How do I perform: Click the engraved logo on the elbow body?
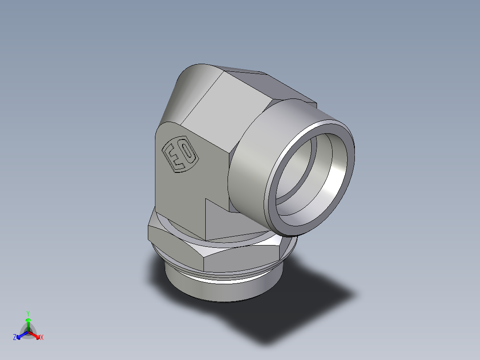point(180,154)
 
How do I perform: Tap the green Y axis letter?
point(28,313)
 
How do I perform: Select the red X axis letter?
point(41,338)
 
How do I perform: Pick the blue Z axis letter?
point(15,338)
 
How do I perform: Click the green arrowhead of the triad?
point(28,320)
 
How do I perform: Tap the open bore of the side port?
point(307,178)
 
